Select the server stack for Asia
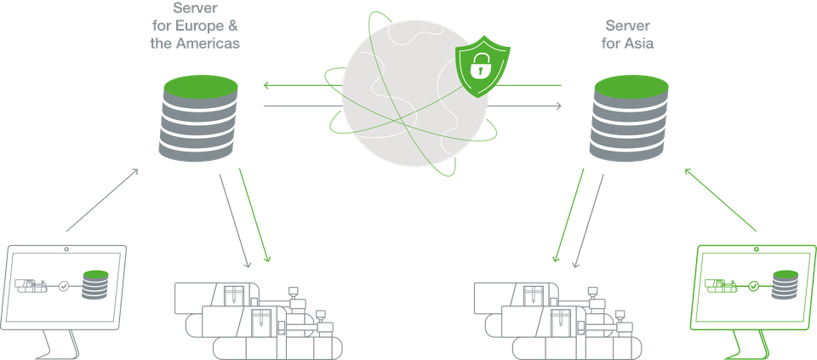[629, 117]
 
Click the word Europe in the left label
[189, 26]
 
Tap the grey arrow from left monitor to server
[102, 199]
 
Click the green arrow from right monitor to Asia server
[719, 199]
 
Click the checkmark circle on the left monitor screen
[64, 286]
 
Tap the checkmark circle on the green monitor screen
[753, 286]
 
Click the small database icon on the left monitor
[95, 284]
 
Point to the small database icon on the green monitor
[785, 284]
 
